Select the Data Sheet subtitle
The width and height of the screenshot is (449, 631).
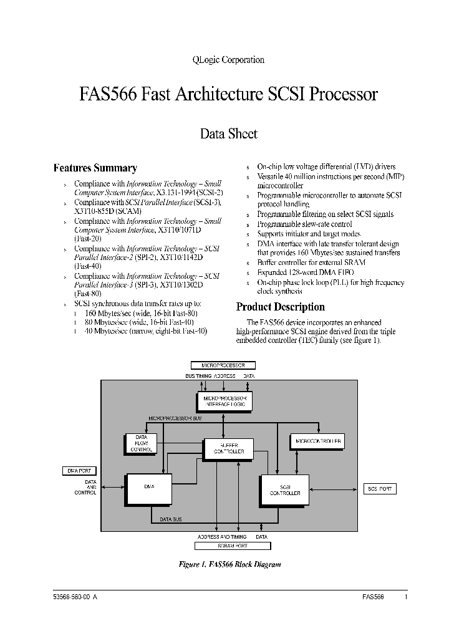coord(228,133)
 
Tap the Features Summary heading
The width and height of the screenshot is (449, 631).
coord(95,168)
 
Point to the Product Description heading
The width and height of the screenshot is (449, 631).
coord(280,307)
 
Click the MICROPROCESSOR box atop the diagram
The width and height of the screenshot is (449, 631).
coord(223,365)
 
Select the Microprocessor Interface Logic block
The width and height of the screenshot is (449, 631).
coord(224,401)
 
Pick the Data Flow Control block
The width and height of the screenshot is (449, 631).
coord(141,443)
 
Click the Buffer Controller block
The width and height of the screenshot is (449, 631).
coord(229,448)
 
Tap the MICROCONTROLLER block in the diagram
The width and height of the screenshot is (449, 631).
coord(317,441)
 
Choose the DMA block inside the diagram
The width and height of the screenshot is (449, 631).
coord(149,489)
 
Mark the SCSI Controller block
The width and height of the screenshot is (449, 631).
coord(285,489)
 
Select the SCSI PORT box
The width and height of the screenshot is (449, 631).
coord(380,489)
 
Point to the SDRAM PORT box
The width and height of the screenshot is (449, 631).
coord(233,546)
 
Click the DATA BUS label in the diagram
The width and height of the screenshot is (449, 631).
coord(170,519)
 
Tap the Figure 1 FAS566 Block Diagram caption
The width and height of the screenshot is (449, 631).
coord(230,564)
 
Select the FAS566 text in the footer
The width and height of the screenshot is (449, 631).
coord(373,597)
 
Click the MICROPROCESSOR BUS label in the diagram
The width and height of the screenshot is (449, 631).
coord(175,418)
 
